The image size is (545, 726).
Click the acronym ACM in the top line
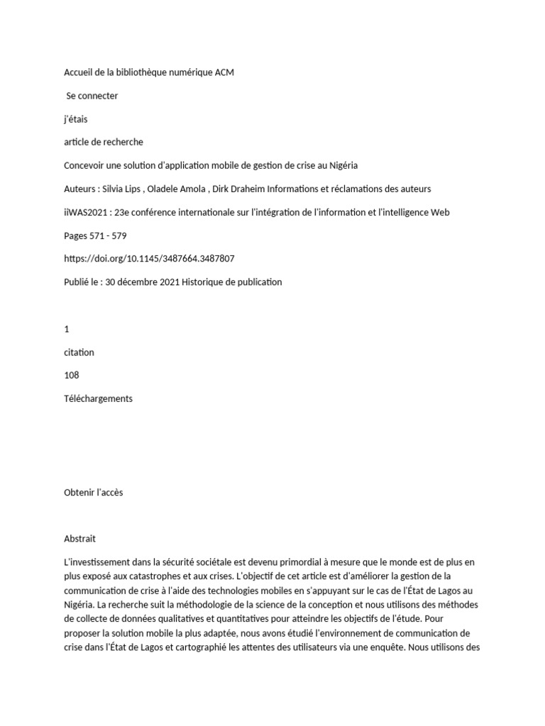click(x=223, y=72)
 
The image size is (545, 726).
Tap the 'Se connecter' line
click(x=92, y=96)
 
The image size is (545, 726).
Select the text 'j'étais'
click(x=76, y=119)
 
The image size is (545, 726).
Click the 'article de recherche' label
click(x=103, y=142)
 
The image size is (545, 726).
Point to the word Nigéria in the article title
click(x=341, y=165)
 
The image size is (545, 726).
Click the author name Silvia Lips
click(x=122, y=189)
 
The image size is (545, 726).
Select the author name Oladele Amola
click(x=177, y=189)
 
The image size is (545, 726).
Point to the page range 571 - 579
click(x=107, y=235)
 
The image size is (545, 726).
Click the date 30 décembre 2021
click(x=142, y=282)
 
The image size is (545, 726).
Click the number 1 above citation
click(x=67, y=329)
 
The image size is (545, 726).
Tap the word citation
click(x=79, y=352)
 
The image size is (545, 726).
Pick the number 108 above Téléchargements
click(x=72, y=375)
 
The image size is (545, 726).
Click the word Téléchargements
click(x=98, y=398)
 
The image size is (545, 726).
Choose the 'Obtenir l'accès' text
click(x=93, y=493)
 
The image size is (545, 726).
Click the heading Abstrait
click(x=79, y=539)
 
